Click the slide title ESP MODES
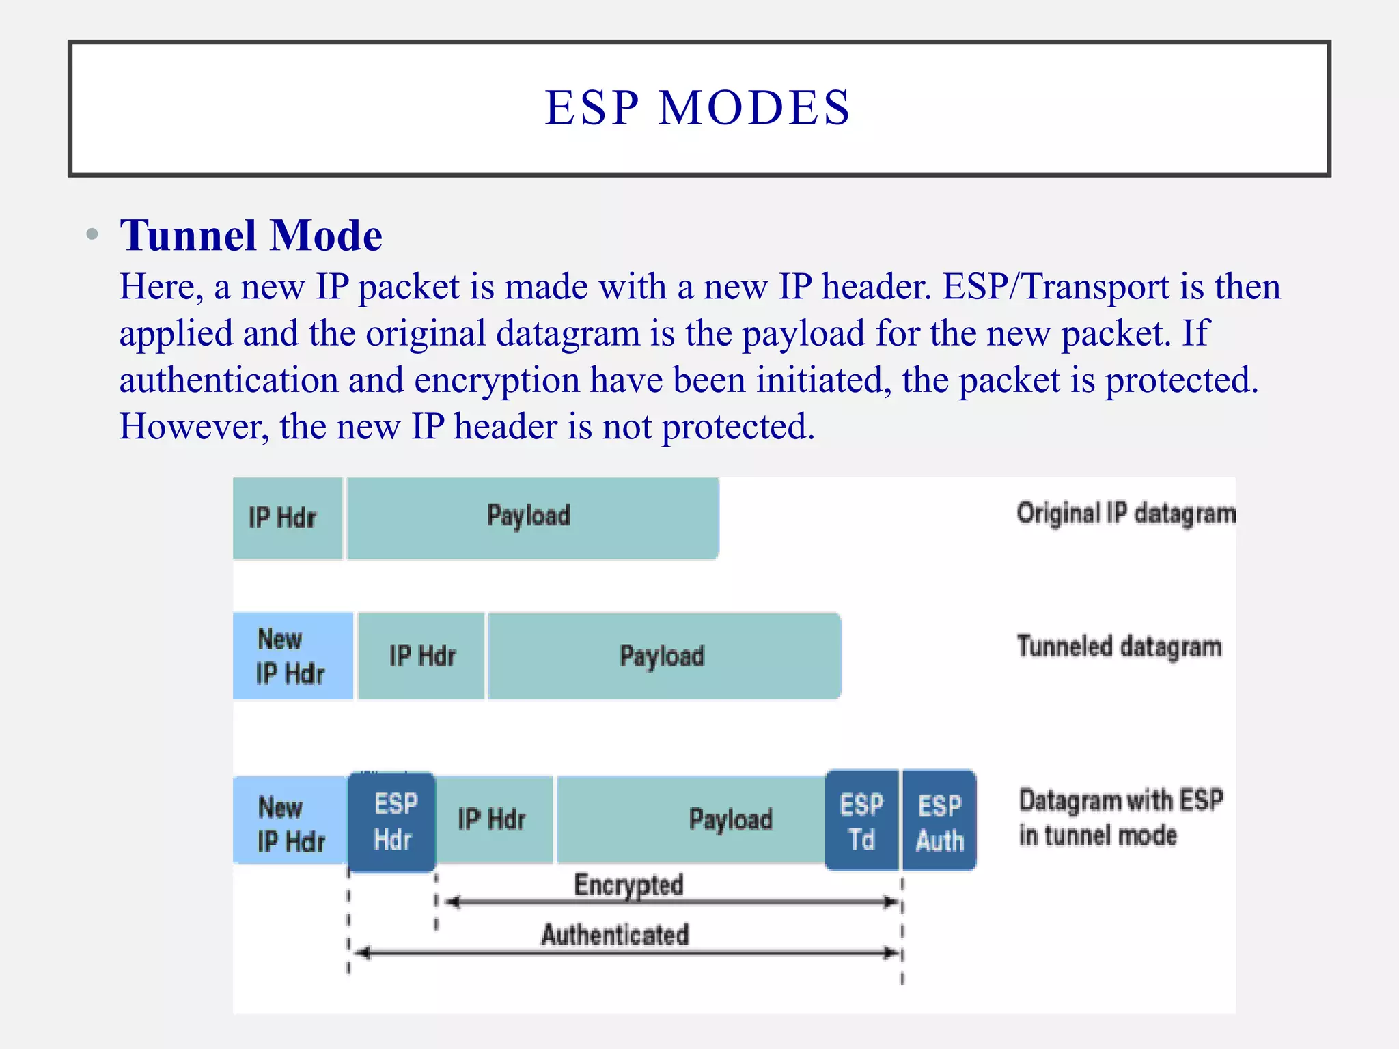[697, 108]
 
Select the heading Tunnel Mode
[251, 236]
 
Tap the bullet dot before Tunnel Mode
[92, 235]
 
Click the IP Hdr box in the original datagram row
[287, 518]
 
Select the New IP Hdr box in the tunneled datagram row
[292, 656]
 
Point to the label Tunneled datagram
[1119, 647]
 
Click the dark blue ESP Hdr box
[392, 822]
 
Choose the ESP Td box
[861, 821]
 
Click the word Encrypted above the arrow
[628, 884]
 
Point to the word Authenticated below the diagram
[615, 934]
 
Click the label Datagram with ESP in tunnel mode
[1120, 817]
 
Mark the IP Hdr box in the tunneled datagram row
[421, 656]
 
